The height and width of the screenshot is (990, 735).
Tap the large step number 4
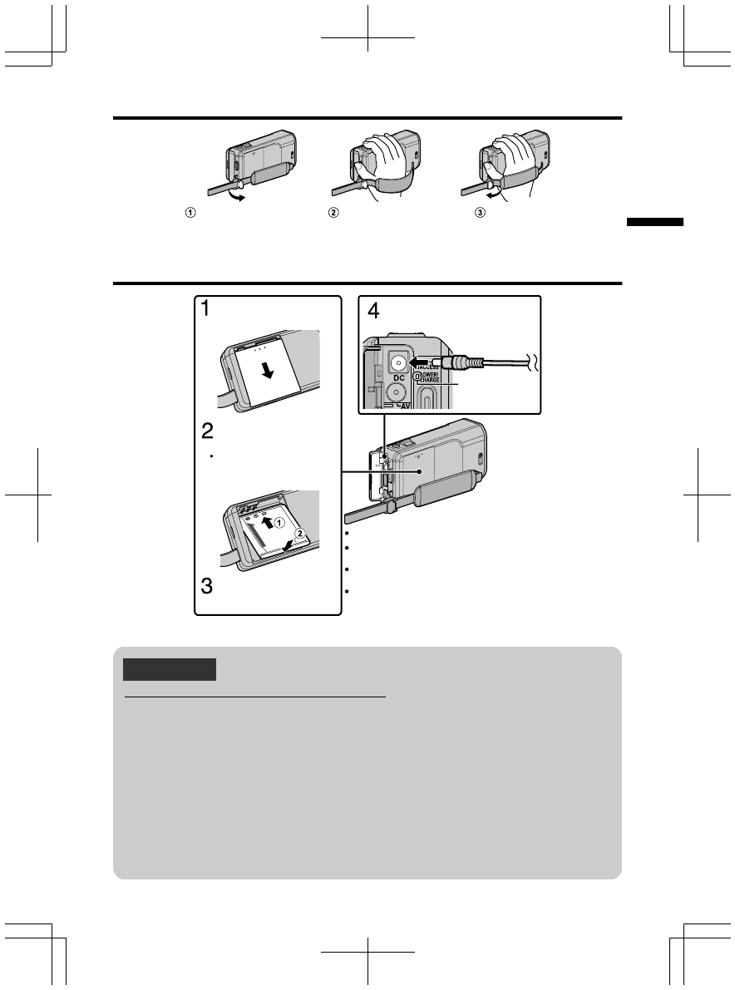(x=373, y=312)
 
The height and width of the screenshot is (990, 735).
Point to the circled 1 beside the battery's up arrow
(x=280, y=523)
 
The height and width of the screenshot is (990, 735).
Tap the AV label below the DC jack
(x=404, y=406)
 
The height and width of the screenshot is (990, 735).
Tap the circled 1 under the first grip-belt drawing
(x=191, y=213)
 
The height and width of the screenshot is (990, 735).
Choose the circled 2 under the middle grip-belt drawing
(x=333, y=213)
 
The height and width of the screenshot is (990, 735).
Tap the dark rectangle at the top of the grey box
(x=170, y=669)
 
